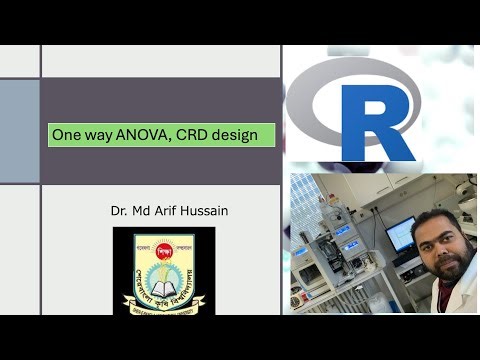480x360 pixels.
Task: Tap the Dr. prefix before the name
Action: (x=121, y=211)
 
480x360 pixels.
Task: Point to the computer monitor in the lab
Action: (x=401, y=234)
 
